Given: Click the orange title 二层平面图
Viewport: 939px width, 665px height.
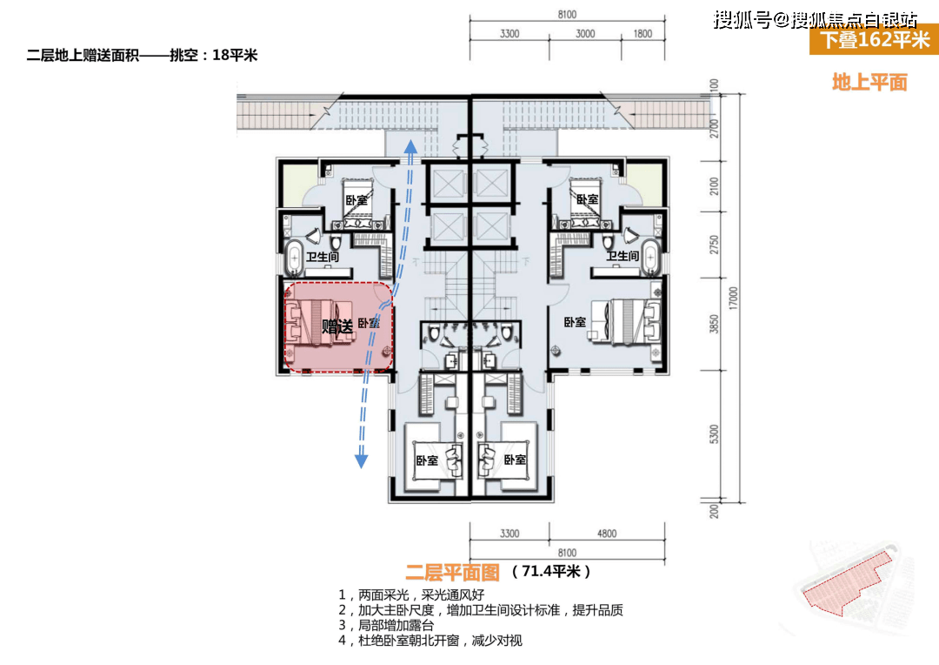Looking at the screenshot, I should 452,572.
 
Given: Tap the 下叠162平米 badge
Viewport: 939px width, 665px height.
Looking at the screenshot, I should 874,40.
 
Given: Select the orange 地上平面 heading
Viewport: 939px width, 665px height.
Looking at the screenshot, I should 869,83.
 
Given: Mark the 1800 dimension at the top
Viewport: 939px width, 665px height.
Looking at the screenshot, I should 643,33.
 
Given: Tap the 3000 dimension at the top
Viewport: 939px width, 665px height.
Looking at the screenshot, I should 585,33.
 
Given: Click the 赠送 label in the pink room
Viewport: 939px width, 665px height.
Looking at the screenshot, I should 338,326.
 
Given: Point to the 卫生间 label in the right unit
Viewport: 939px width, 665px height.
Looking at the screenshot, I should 623,256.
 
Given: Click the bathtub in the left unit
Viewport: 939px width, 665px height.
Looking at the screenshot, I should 294,259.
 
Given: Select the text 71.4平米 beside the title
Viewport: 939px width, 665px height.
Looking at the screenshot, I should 551,572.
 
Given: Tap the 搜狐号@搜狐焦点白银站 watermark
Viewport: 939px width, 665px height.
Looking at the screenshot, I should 815,20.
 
